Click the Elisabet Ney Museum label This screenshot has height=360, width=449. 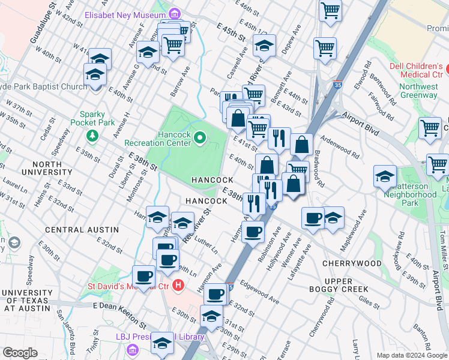tap(125, 14)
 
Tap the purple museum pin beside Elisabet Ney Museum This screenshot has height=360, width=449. tap(174, 14)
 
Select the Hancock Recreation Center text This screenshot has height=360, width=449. tap(157, 139)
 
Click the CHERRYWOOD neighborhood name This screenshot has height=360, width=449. tap(352, 263)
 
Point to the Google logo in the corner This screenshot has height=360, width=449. tap(20, 353)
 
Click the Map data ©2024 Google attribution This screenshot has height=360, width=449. tap(412, 355)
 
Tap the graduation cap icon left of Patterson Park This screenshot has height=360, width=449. tap(385, 176)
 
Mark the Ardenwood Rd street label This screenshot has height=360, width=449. tap(340, 146)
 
